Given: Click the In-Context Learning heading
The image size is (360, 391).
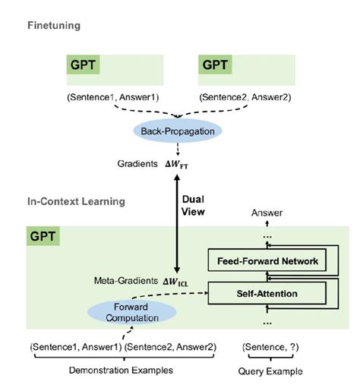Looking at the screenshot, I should point(76,203).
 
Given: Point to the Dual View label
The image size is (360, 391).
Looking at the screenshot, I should point(194,207).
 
